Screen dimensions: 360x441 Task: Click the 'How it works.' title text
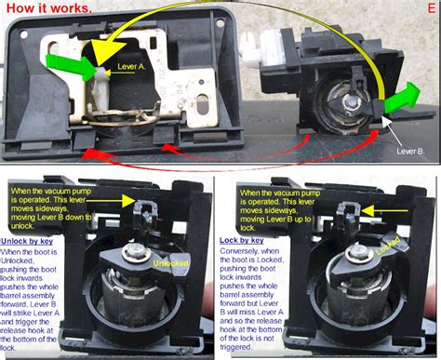pyautogui.click(x=48, y=7)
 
